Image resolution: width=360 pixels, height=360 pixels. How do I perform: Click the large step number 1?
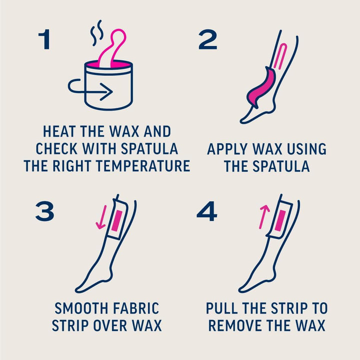pyautogui.click(x=44, y=39)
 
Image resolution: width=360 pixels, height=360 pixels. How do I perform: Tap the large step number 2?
pyautogui.click(x=208, y=39)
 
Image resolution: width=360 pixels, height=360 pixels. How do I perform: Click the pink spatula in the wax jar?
pyautogui.click(x=115, y=47)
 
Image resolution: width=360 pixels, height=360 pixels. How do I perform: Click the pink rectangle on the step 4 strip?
pyautogui.click(x=280, y=219)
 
